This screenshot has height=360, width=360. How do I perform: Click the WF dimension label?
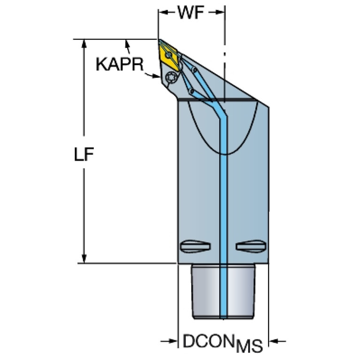(x=191, y=12)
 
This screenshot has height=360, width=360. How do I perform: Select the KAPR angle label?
(x=120, y=64)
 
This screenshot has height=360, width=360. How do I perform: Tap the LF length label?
(x=84, y=154)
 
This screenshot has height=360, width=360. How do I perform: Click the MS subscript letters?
(x=249, y=346)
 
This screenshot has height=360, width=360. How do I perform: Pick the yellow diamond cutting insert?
(x=169, y=55)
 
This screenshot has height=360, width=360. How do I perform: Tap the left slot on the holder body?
(x=195, y=246)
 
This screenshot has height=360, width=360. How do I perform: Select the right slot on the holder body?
(x=251, y=246)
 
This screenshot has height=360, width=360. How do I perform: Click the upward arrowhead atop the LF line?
(x=84, y=44)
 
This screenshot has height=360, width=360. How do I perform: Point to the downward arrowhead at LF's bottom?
(x=84, y=259)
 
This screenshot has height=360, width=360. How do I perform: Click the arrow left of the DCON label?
(x=169, y=341)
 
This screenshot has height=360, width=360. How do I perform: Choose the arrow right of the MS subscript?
(x=277, y=341)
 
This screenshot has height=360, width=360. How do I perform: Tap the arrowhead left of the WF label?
(x=163, y=12)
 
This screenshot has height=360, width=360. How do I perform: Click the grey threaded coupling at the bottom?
(x=223, y=291)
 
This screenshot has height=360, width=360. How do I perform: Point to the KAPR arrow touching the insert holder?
(x=152, y=75)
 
